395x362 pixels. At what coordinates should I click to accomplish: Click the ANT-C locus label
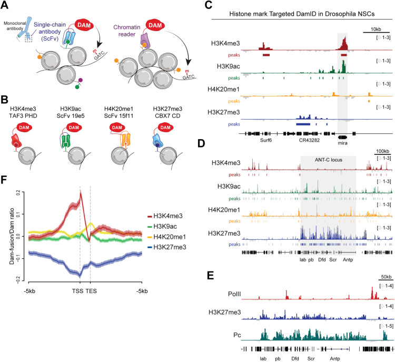(x=328, y=161)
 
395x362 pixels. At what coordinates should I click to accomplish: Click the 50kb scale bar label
(x=382, y=278)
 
